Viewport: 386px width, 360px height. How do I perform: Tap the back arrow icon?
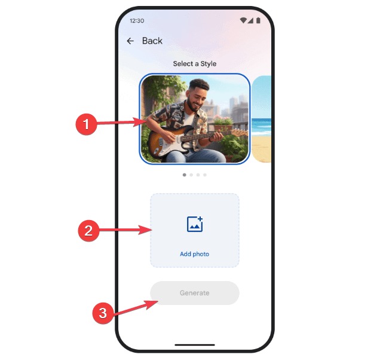coord(130,41)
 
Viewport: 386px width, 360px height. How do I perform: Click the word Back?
coord(152,41)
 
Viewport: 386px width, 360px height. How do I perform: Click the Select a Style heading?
coord(194,64)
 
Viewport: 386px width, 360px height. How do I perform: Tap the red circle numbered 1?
coord(86,124)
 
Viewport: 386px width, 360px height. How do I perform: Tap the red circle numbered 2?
coord(88,231)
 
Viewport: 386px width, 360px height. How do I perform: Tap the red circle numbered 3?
coord(103,313)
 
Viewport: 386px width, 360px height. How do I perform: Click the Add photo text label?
coord(194,254)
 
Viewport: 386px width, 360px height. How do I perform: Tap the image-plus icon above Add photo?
coord(195,224)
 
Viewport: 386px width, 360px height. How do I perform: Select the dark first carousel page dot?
coord(185,175)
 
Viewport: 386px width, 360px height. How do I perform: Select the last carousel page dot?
coord(205,175)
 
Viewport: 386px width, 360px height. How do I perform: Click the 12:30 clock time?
coord(137,21)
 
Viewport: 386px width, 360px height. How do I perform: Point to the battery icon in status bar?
coord(258,20)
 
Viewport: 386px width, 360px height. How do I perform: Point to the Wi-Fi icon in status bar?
coord(243,20)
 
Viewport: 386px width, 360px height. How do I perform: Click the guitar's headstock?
coord(240,132)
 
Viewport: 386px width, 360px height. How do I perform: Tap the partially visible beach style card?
coord(262,119)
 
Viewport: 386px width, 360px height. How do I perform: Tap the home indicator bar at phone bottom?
coord(195,344)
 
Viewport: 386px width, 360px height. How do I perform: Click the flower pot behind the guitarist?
coord(223,127)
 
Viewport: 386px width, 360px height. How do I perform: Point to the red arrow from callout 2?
coord(125,230)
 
